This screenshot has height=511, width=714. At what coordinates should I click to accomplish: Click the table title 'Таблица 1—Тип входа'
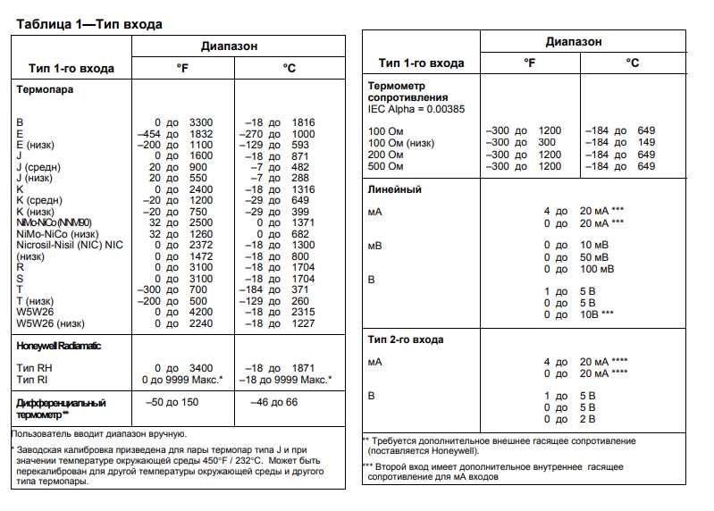click(x=88, y=23)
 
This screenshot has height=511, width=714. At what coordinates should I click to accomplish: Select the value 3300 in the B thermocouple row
click(x=202, y=121)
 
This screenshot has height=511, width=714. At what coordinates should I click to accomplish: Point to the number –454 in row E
click(x=148, y=133)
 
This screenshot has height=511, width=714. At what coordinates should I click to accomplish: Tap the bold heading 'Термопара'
click(x=46, y=89)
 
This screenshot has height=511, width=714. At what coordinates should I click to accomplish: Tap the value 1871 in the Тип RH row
click(x=303, y=368)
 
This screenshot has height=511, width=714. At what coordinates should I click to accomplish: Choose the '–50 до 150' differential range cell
click(x=172, y=402)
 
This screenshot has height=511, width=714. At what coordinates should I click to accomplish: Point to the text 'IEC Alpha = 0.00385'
click(x=417, y=108)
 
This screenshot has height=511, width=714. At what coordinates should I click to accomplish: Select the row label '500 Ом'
click(x=387, y=166)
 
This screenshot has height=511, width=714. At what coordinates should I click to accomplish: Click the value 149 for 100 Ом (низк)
click(x=646, y=142)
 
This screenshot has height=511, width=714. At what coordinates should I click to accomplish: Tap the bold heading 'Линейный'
click(x=395, y=189)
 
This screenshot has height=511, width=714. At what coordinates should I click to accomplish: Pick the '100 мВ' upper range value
click(x=598, y=269)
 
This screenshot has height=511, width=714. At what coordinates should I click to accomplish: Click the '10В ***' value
click(x=596, y=314)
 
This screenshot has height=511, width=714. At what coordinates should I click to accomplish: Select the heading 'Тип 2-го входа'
click(x=406, y=339)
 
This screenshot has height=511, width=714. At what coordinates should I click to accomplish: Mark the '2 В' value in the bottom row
click(x=587, y=419)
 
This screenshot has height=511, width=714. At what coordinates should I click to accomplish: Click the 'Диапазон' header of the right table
click(x=574, y=42)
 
